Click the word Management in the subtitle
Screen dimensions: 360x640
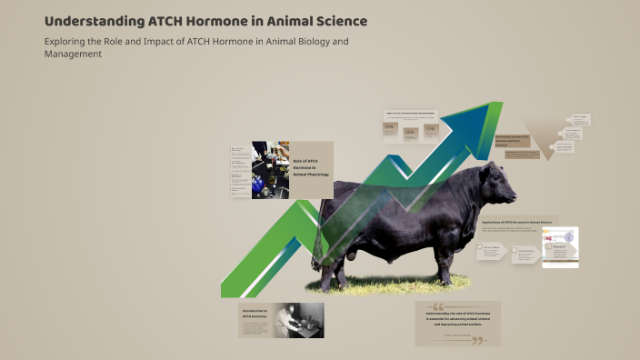coord(73,54)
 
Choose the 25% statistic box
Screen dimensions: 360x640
coord(409,132)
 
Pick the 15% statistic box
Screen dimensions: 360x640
coord(430,130)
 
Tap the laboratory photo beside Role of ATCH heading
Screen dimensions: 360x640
coord(270,170)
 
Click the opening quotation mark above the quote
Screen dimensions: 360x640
coord(438,306)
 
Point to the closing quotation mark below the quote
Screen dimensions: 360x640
coord(476,341)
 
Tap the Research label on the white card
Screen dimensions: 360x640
coord(560,246)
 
